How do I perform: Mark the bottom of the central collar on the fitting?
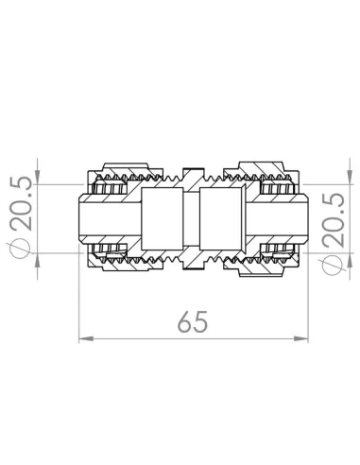click(x=194, y=270)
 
